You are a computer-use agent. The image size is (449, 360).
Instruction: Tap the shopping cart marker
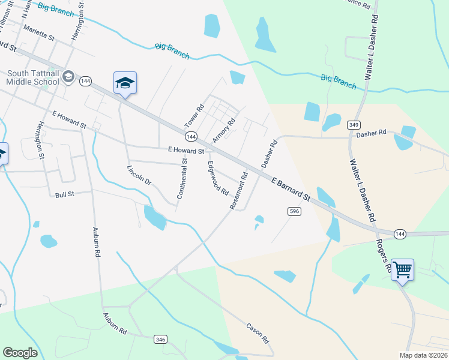[x=402, y=270]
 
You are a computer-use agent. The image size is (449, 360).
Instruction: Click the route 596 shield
[x=294, y=211]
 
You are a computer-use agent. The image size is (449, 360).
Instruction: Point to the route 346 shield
[x=160, y=339]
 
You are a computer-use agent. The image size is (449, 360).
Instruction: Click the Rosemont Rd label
[x=238, y=191]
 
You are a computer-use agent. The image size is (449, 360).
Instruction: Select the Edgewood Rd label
[x=218, y=178]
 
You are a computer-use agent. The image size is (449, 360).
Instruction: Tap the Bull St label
[x=64, y=194]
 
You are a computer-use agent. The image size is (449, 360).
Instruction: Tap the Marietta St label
[x=38, y=32]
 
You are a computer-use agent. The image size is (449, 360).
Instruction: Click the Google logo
[x=20, y=353]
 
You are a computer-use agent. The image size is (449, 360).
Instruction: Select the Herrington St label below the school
[x=40, y=140]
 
